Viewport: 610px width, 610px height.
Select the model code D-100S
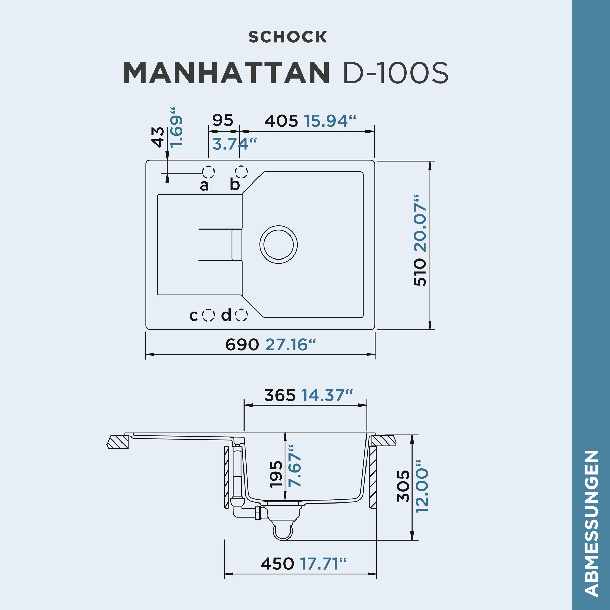(x=395, y=73)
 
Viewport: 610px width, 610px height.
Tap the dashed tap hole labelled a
(x=209, y=172)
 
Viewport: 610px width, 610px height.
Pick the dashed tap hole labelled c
(x=208, y=315)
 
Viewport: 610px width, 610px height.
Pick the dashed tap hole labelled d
(x=241, y=315)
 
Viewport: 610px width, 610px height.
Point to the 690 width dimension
(x=242, y=344)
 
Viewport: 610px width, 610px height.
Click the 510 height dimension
(x=420, y=272)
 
